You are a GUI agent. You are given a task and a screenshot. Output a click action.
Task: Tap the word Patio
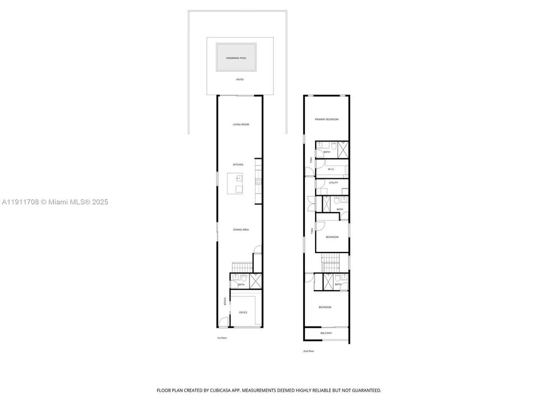tap(240, 79)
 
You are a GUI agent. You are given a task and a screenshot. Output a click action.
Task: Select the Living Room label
tap(241, 124)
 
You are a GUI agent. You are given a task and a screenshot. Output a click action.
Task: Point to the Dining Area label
tap(241, 229)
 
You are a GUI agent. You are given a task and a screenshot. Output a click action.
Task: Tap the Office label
tap(243, 313)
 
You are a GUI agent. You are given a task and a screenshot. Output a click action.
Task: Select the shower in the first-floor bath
tap(256, 280)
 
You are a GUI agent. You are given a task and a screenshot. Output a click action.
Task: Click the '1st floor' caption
tap(222, 338)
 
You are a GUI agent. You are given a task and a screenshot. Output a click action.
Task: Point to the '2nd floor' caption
tap(308, 351)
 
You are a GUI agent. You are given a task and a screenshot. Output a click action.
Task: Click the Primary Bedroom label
tap(327, 119)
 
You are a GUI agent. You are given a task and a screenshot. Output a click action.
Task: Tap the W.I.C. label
tap(331, 169)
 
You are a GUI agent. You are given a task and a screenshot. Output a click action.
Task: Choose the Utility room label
tap(333, 183)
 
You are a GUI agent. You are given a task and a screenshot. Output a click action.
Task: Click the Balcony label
tap(326, 333)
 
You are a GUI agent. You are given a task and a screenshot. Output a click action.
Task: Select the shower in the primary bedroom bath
tap(341, 149)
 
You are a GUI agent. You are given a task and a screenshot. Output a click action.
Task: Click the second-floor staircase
tap(330, 260)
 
